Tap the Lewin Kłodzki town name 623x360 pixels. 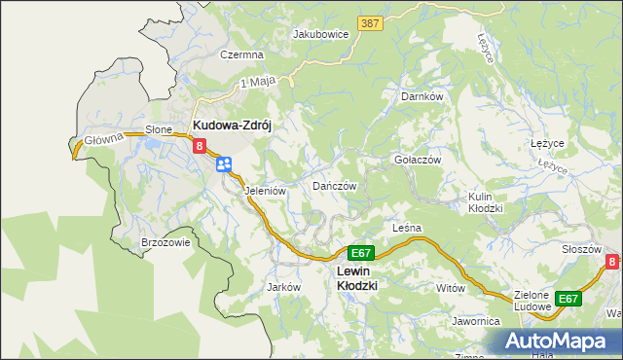pos(355,278)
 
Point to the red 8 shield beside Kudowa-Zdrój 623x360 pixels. pos(200,147)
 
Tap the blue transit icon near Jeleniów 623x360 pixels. pos(224,164)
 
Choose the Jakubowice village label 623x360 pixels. pos(320,33)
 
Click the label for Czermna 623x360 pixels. pos(241,55)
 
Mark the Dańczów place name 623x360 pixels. pos(335,185)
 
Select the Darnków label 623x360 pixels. pos(422,97)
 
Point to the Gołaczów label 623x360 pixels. pos(418,160)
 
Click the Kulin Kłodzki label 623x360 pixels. pos(485,202)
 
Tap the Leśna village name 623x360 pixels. pos(406,228)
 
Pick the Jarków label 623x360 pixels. pos(282,287)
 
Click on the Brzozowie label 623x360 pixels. pos(165,243)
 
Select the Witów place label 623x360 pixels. pos(452,288)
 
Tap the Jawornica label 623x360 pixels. pos(475,320)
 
